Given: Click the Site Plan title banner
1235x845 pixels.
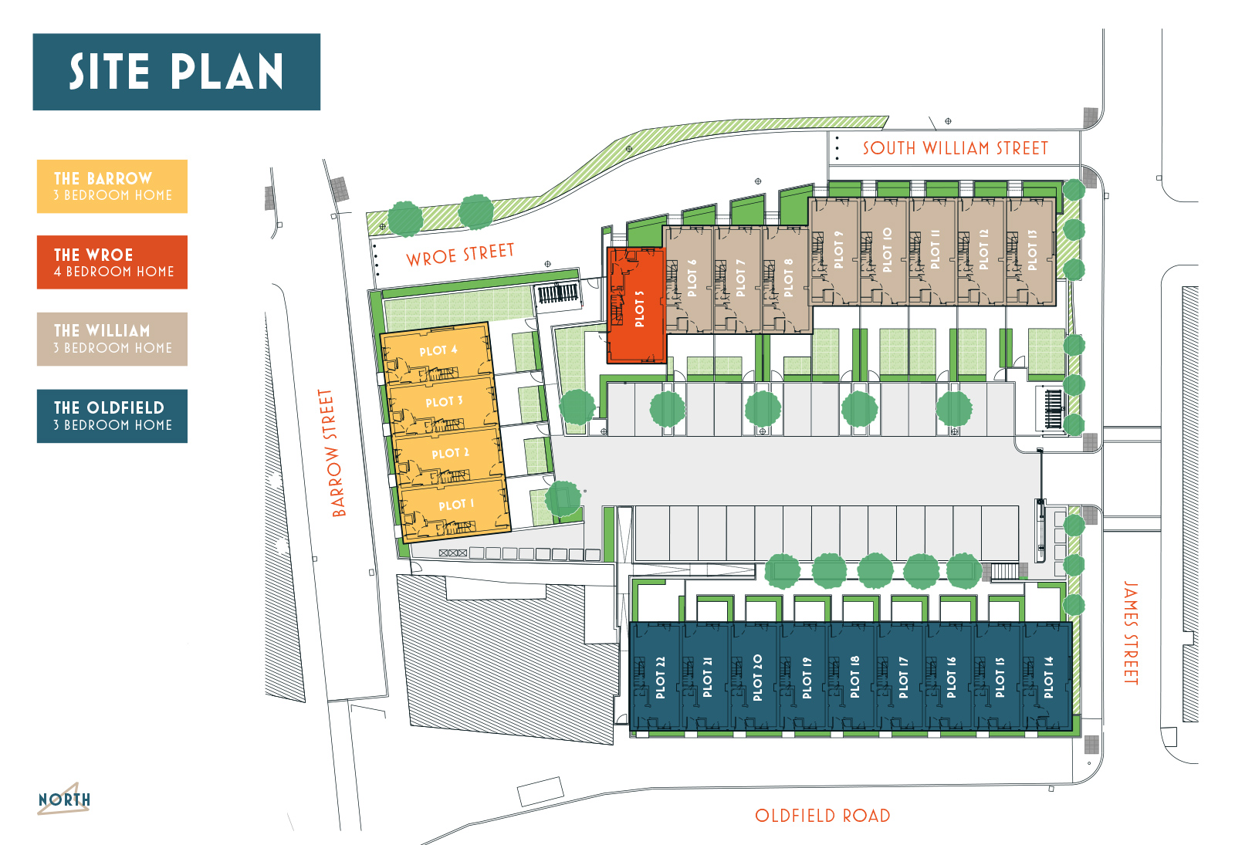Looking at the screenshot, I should pos(176,72).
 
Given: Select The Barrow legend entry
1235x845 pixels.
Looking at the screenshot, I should pos(112,186).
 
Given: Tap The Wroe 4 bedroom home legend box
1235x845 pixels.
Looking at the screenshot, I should pos(112,262).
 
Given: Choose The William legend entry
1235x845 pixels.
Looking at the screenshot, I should pos(112,339).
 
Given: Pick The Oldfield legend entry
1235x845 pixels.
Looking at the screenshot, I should pos(112,416).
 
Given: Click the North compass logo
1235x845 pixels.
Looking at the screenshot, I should pos(64,799).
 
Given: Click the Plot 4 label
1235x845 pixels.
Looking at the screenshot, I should pos(438,350).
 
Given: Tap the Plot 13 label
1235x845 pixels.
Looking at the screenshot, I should pos(1032,250).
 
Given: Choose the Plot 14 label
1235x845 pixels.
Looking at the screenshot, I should pos(1048,678).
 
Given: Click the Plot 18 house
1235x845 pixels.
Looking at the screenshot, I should pos(854,678).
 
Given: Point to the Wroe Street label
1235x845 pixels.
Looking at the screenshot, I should pos(460,255).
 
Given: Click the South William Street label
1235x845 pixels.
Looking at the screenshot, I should pos(955,148).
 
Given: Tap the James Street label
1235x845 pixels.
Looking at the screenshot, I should pos(1130,633).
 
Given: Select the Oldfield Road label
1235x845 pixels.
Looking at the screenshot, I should pos(822,816).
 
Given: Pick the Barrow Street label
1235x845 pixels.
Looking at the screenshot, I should pos(333,453).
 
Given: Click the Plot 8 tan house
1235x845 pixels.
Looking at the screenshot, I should pos(787,278).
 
